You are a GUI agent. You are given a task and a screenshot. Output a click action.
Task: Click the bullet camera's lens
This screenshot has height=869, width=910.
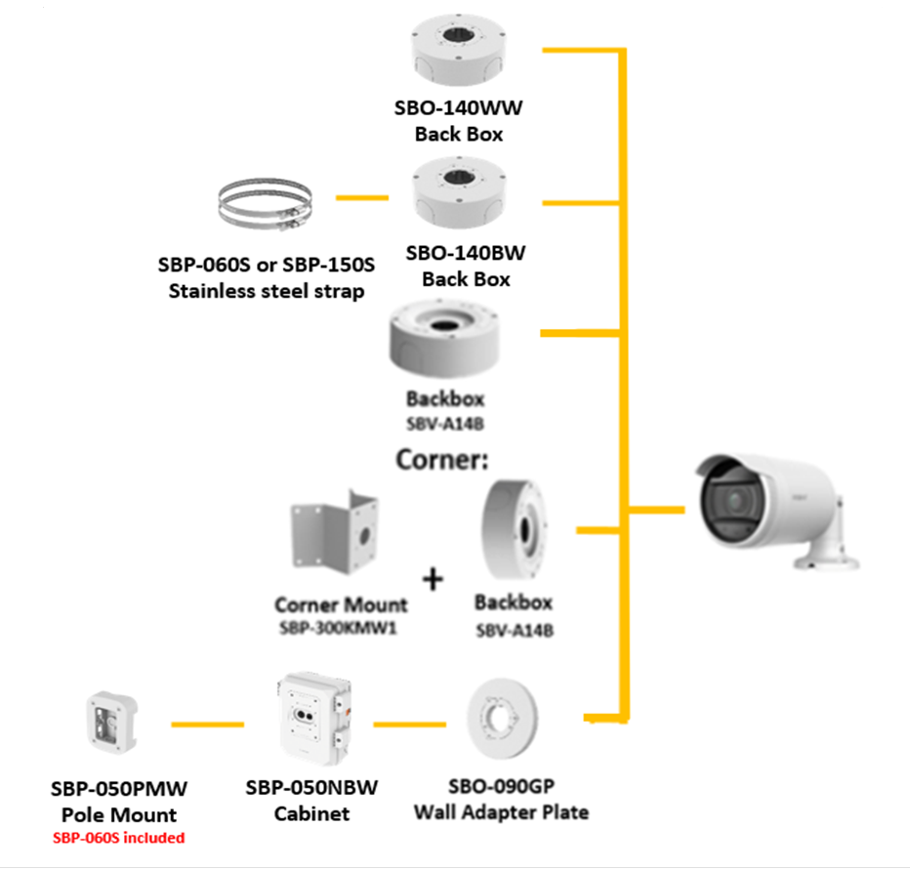coord(733,501)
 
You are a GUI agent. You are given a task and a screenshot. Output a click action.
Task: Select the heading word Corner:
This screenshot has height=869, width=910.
coord(441,459)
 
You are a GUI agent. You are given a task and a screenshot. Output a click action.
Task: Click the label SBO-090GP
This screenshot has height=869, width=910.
coord(501,787)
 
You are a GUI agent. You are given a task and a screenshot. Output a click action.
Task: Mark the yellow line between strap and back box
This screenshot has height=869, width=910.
coord(361,198)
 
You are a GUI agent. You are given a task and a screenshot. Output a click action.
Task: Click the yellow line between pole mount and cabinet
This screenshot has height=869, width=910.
coord(207,724)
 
